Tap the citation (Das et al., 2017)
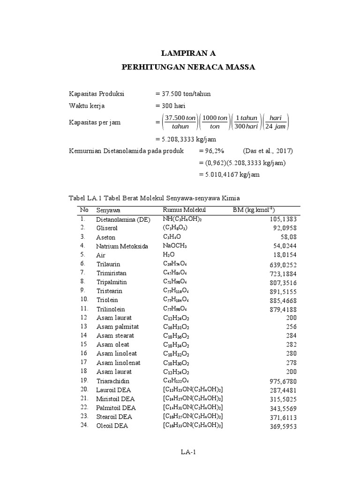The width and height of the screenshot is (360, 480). [x=268, y=151]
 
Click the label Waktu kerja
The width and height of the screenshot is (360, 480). [x=85, y=106]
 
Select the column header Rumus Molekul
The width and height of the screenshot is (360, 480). [x=184, y=210]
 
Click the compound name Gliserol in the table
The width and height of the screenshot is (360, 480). [x=107, y=228]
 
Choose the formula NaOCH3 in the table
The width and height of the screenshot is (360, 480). [x=175, y=246]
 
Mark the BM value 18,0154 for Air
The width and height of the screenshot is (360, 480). [x=284, y=255]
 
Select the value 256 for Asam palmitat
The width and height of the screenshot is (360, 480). [x=292, y=327]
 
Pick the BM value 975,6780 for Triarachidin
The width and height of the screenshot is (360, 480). [x=283, y=381]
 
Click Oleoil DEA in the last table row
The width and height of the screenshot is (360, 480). [x=112, y=426]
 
